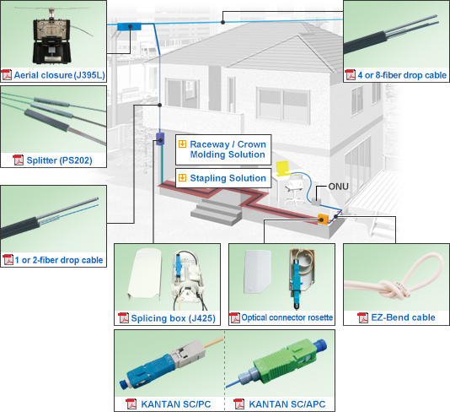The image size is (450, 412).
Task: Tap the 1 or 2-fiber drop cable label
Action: pos(58,259)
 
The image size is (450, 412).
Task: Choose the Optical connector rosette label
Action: pos(287,318)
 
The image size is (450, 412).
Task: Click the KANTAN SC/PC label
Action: pos(176,404)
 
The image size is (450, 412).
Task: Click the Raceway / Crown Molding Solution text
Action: pos(228,150)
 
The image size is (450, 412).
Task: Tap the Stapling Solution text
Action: pos(228,178)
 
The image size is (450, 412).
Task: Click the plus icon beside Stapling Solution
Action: pos(182,178)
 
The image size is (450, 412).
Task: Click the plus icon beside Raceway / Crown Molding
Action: pos(182,144)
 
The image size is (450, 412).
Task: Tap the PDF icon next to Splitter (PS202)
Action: pos(18,160)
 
